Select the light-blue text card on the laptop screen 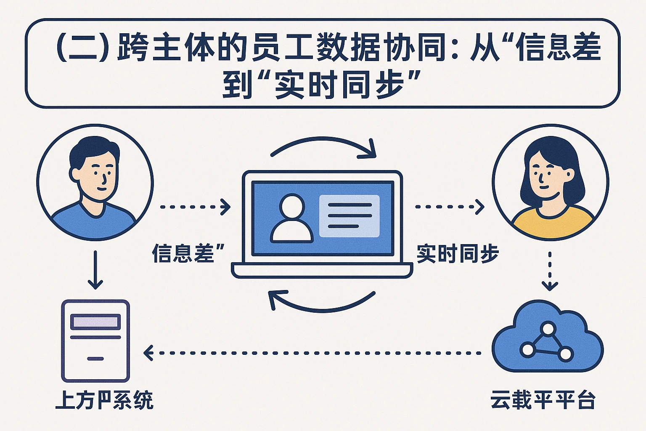[349, 216]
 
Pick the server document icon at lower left [95, 341]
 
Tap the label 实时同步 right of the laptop [458, 253]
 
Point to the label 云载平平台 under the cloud [543, 399]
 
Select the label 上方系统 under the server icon [104, 399]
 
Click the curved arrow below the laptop [322, 301]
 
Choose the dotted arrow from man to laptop [195, 207]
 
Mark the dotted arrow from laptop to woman [449, 207]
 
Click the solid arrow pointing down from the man [95, 270]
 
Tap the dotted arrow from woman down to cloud [550, 271]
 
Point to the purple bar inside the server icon [95, 322]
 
